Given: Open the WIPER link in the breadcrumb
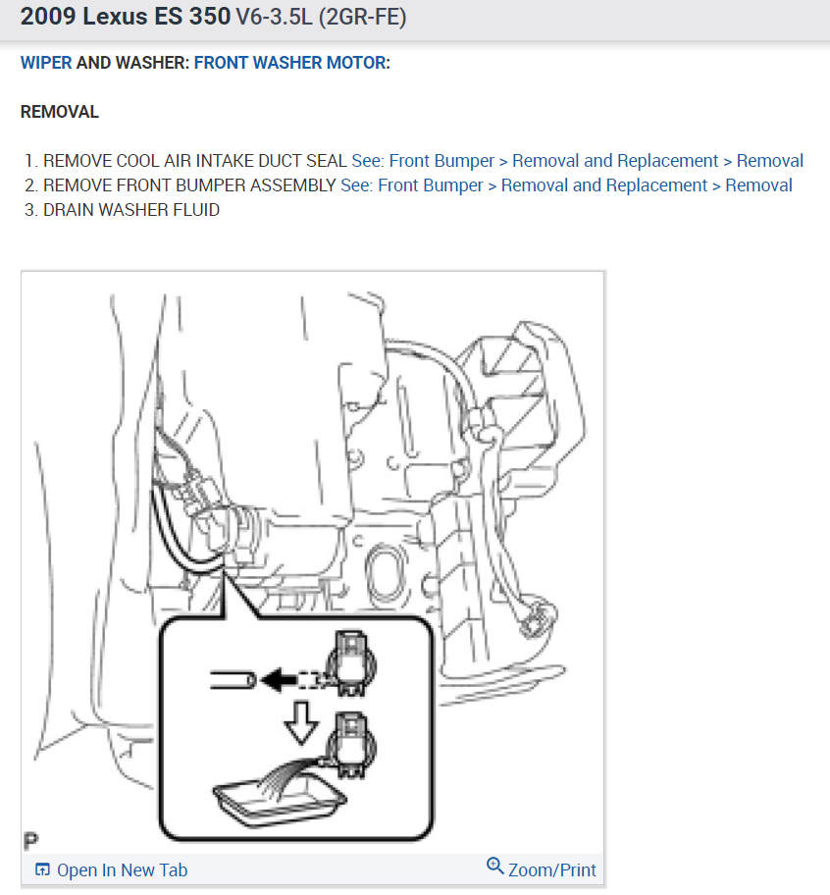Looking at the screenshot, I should point(46,63).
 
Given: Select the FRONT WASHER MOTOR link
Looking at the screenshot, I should point(289,63).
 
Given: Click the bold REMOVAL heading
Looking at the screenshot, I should point(60,112).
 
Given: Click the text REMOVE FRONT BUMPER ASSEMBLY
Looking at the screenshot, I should point(189,185).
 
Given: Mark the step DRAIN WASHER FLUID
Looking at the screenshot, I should point(130,210).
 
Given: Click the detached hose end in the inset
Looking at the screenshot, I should point(233,678).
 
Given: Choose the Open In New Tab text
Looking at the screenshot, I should point(122,870).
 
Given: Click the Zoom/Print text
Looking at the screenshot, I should point(552,869).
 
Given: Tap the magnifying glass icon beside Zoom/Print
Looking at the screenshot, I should point(495,867).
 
